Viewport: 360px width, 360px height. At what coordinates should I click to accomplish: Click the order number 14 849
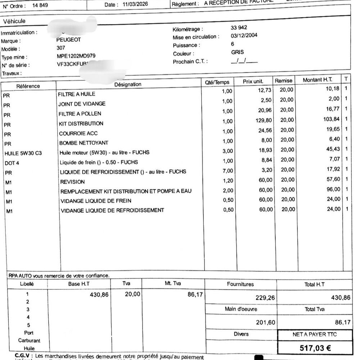coord(40,5)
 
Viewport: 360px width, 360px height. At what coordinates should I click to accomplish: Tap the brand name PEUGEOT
coord(69,40)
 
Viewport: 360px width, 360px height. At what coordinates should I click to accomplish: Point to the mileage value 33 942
coord(239,28)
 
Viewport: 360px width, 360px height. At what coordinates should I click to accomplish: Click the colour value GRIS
coord(238,52)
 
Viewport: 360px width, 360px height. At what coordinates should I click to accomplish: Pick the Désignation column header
coord(128,84)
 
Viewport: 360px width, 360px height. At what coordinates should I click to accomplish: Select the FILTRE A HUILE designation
coord(77,94)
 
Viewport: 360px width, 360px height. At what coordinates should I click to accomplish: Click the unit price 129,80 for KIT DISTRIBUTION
coord(264,120)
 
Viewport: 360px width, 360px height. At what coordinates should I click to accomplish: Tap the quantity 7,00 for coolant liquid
coord(228,171)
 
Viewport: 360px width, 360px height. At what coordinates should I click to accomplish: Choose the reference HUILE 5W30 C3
coord(23,153)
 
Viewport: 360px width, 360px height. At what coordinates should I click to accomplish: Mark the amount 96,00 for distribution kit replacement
coord(332,189)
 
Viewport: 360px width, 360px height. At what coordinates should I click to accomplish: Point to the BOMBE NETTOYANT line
coord(84,143)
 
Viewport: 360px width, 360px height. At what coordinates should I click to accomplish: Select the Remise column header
coord(284,81)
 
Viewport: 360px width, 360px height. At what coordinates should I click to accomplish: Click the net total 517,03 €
coord(316,348)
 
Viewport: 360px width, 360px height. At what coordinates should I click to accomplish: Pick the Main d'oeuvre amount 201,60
coord(266,323)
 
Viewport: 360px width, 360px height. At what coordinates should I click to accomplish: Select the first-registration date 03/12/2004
coord(244,36)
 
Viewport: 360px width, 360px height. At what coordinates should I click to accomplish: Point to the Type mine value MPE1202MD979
coord(76,56)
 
